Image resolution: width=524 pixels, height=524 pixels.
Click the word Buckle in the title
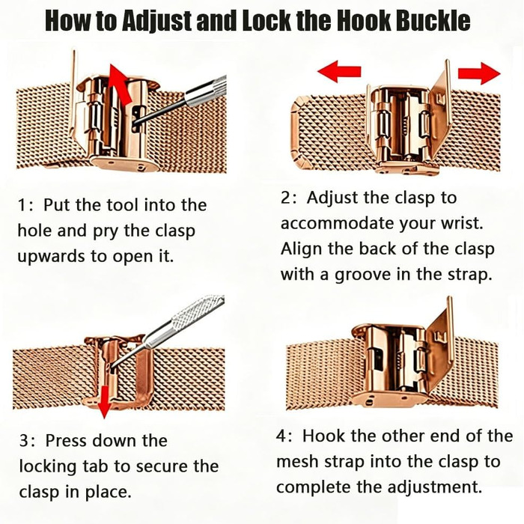click(x=433, y=20)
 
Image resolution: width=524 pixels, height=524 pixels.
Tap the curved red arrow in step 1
click(x=121, y=84)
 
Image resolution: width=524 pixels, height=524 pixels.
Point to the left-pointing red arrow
click(x=339, y=71)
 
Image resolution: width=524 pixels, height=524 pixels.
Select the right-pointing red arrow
click(x=479, y=73)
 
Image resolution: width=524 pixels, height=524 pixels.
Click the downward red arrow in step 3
click(x=105, y=402)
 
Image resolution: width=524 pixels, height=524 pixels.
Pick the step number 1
click(x=22, y=205)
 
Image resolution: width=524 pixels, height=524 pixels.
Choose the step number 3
click(x=25, y=440)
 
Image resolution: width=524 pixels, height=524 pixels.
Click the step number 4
click(x=281, y=436)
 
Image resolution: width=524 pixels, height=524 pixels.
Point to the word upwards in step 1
click(x=51, y=257)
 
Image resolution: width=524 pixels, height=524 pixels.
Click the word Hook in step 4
click(x=322, y=436)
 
